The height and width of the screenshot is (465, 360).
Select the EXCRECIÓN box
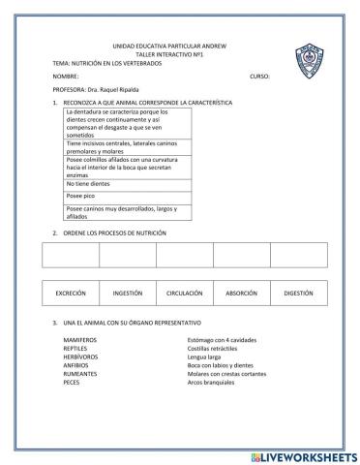pos(71,292)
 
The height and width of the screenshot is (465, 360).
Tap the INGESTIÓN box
pos(128,292)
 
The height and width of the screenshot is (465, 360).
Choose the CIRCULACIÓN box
pos(184,292)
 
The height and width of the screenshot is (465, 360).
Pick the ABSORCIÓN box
pos(241,292)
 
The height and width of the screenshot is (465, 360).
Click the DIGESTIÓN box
pos(298,292)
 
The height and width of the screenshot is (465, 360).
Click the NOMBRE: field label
pos(66,74)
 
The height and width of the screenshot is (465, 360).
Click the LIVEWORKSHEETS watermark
pos(304,455)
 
